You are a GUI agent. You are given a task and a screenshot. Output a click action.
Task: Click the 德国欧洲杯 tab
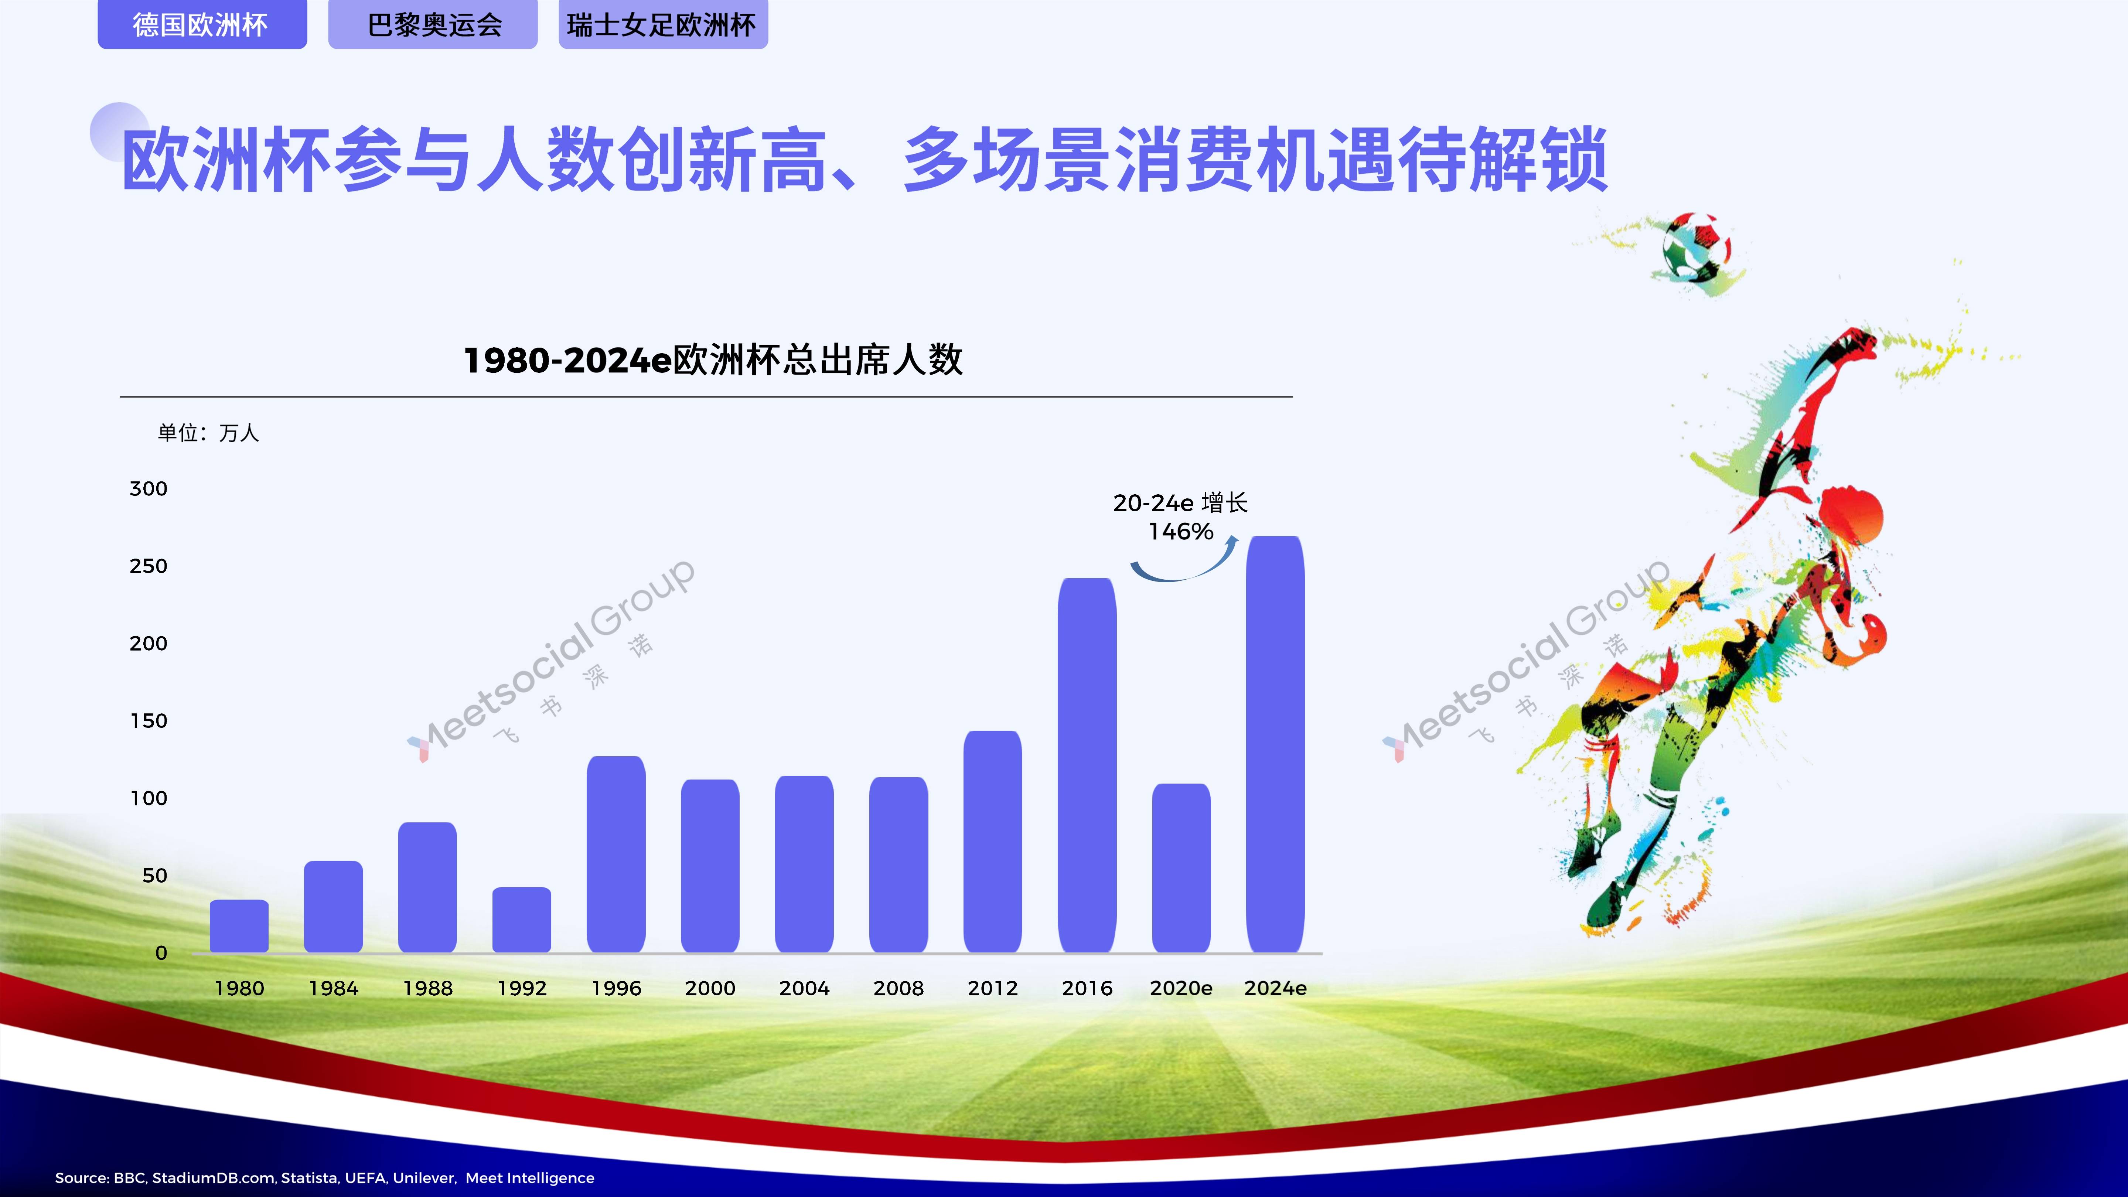202,25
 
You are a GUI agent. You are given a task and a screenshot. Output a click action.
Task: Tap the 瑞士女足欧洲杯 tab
662,25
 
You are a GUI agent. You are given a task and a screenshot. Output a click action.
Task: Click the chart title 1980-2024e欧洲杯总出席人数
713,360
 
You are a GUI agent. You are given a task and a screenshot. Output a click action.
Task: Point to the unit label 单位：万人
208,433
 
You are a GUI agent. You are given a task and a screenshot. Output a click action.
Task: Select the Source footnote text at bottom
325,1177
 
